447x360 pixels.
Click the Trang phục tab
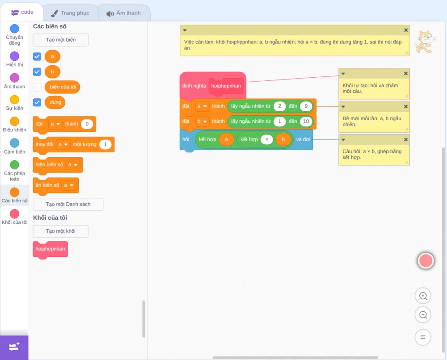pyautogui.click(x=70, y=13)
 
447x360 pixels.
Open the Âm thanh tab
pyautogui.click(x=124, y=13)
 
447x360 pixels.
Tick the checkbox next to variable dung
pyautogui.click(x=37, y=102)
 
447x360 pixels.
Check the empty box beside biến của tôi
pyautogui.click(x=37, y=87)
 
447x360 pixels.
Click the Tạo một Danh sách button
pyautogui.click(x=68, y=204)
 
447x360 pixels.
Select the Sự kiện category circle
pyautogui.click(x=15, y=100)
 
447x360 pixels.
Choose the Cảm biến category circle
pyautogui.click(x=15, y=143)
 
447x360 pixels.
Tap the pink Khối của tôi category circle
pyautogui.click(x=15, y=213)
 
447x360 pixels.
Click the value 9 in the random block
pyautogui.click(x=306, y=106)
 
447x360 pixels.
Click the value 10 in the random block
pyautogui.click(x=306, y=121)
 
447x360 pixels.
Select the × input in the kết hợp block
pyautogui.click(x=267, y=139)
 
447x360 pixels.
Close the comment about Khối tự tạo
pyautogui.click(x=406, y=74)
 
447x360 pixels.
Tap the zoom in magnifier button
pyautogui.click(x=423, y=296)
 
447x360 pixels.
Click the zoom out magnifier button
pyautogui.click(x=423, y=315)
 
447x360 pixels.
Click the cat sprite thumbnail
pyautogui.click(x=425, y=42)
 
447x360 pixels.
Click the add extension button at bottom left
pyautogui.click(x=14, y=347)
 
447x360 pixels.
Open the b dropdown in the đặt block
pyautogui.click(x=202, y=121)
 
